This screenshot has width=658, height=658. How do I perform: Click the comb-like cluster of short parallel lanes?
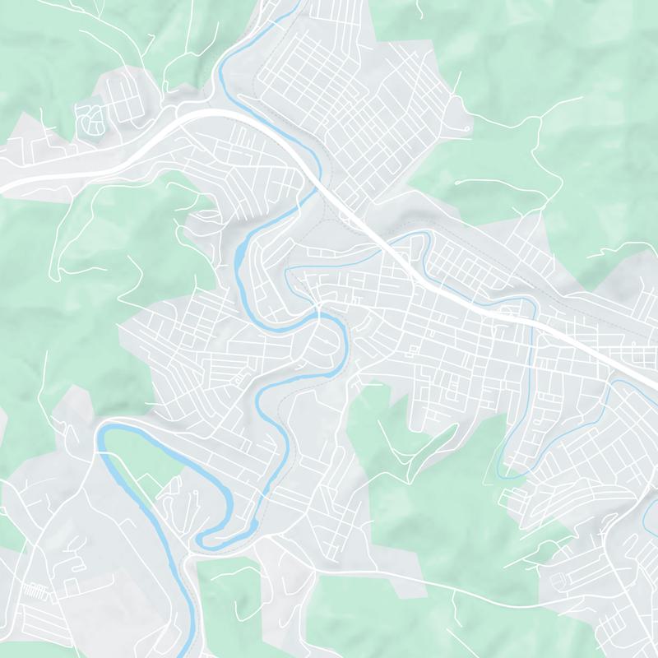pyautogui.click(x=34, y=591)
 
